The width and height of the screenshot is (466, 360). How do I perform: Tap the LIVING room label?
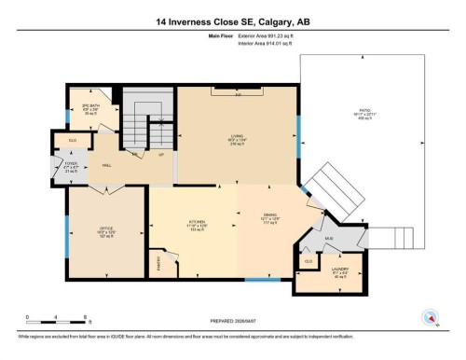coord(238,139)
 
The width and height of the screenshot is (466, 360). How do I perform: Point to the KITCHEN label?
coord(197,225)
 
